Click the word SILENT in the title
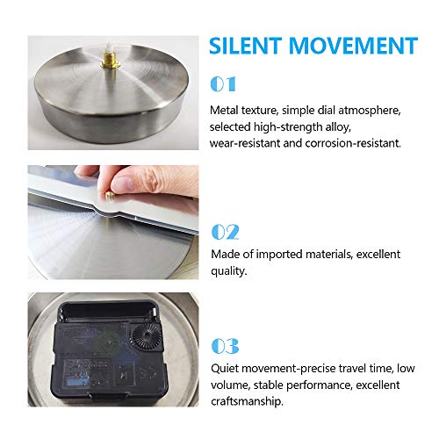click(245, 46)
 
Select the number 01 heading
click(223, 84)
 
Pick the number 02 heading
click(225, 232)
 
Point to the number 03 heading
click(225, 346)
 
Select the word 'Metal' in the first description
click(225, 111)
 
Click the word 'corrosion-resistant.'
click(353, 143)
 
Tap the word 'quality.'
click(229, 271)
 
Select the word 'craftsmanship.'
click(247, 401)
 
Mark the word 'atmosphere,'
click(370, 111)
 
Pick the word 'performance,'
click(319, 385)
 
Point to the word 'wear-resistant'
click(245, 143)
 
